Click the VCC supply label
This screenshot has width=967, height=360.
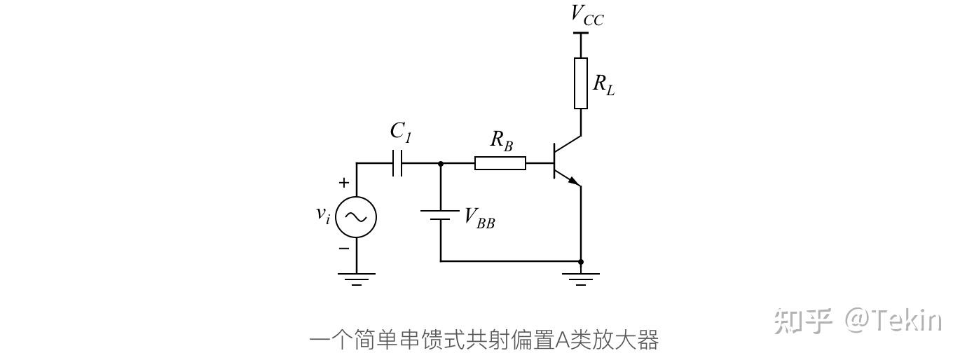point(587,15)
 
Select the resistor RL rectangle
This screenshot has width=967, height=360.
point(581,83)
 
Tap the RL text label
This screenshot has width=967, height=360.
point(603,85)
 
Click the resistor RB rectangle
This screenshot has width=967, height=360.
point(500,163)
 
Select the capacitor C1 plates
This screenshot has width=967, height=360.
point(397,163)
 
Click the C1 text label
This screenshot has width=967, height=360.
point(400,132)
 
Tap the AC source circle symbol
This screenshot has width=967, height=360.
point(356,217)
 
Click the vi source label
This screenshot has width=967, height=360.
point(323,214)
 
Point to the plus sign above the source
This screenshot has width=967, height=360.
point(343,184)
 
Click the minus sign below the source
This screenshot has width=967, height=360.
point(343,248)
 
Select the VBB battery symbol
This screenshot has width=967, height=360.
point(440,214)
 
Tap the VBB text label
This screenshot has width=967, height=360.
point(480,219)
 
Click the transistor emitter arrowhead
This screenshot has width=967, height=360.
point(574,181)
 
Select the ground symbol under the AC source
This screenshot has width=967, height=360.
point(356,279)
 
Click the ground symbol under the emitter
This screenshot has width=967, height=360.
point(581,279)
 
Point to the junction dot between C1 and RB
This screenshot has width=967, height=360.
point(440,163)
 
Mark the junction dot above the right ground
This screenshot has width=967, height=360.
point(581,261)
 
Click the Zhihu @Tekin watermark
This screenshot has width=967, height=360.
point(858,320)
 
